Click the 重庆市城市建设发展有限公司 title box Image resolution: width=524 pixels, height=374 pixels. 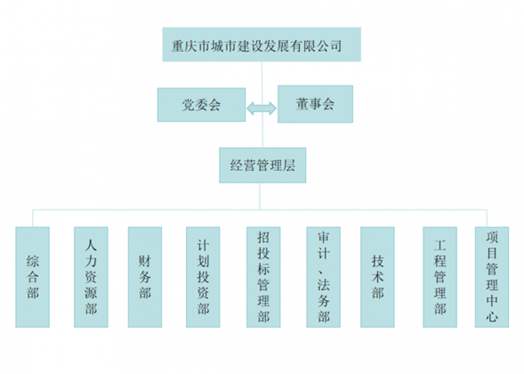[x=261, y=45]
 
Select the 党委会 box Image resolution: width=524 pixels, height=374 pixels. [x=201, y=105]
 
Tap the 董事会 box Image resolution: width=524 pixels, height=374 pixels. [x=315, y=104]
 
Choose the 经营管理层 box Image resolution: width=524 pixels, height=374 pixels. [x=262, y=165]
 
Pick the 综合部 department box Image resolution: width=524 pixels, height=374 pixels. [x=33, y=276]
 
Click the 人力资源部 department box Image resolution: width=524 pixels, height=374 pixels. [x=90, y=276]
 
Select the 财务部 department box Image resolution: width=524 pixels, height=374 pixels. [x=145, y=276]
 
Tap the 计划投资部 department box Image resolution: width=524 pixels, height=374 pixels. [x=203, y=276]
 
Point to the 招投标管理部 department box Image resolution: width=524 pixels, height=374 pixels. [x=263, y=276]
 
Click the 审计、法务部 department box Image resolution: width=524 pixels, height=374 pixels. [x=324, y=276]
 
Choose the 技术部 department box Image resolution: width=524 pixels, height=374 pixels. [x=377, y=276]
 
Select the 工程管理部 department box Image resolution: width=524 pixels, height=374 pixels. [x=440, y=276]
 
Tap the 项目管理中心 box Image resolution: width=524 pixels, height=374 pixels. [x=492, y=276]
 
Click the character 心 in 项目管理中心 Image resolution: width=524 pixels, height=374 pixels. [x=492, y=317]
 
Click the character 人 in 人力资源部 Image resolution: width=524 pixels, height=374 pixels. [x=90, y=245]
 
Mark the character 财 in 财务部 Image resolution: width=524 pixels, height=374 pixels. [x=145, y=261]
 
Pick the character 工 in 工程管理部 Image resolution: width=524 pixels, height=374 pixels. [x=440, y=246]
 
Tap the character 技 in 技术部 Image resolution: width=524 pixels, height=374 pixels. [x=377, y=261]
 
